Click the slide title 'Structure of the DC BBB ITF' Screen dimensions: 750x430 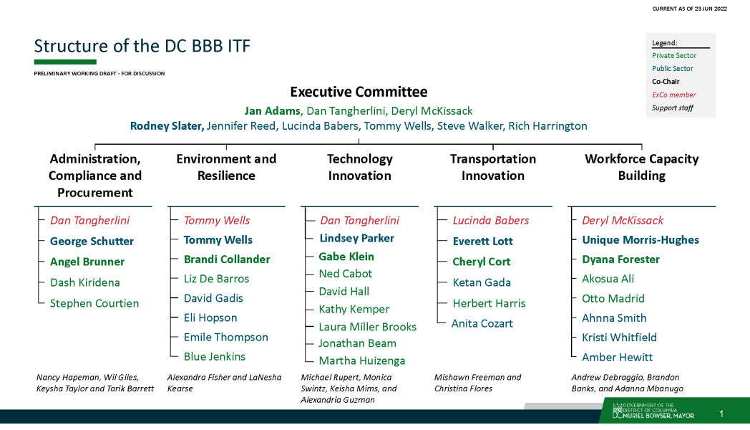[142, 46]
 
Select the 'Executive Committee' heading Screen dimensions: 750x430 [359, 92]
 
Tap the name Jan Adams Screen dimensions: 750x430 [272, 110]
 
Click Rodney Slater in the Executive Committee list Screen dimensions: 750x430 [167, 126]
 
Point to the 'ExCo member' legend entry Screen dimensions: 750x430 [673, 95]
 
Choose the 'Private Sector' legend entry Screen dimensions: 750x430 [674, 56]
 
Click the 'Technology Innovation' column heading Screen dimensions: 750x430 [360, 167]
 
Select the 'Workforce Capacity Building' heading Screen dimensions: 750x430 [641, 167]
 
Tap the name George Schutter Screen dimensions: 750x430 [92, 242]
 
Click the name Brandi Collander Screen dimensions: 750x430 [227, 259]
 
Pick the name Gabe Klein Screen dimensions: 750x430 [346, 257]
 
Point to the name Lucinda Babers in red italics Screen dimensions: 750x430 [491, 220]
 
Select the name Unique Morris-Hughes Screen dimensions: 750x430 [641, 240]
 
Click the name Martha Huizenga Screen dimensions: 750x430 [362, 360]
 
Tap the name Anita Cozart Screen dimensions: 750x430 [482, 324]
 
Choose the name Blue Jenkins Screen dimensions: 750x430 [214, 357]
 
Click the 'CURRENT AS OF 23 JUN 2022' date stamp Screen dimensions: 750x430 [689, 9]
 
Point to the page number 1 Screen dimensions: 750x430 [721, 414]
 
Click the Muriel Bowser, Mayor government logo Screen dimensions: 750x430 [653, 411]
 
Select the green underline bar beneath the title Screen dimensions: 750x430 [65, 62]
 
